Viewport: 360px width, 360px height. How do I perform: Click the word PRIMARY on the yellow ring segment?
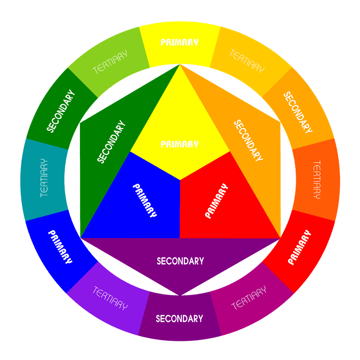point(180,42)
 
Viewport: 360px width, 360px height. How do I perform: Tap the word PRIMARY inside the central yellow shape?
point(180,144)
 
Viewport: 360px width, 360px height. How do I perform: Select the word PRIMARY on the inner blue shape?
point(145,200)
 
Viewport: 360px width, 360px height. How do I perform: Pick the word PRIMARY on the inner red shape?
point(217,200)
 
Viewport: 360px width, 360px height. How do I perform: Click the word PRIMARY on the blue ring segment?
point(60,247)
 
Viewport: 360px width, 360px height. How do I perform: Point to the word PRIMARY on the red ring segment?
point(300,247)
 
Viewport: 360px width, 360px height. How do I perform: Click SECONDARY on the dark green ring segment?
point(61,111)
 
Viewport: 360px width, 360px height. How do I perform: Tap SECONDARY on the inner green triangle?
point(111,141)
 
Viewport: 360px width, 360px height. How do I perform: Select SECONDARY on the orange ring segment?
point(298,112)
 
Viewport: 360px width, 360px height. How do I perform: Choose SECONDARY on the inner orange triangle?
point(248,140)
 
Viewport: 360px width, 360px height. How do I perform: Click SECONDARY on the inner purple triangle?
point(180,261)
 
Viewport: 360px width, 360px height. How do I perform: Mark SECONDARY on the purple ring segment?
point(180,319)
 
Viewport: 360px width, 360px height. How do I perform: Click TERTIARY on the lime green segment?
point(110,62)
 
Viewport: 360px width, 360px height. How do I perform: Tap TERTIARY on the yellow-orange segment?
point(247,60)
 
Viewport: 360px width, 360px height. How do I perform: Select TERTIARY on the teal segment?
point(44,178)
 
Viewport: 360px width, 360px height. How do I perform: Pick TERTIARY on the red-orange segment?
point(317,180)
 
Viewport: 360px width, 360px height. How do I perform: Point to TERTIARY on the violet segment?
point(110,298)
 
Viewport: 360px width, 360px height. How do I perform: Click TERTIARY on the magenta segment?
point(249,298)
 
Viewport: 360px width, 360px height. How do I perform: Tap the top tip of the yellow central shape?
point(180,64)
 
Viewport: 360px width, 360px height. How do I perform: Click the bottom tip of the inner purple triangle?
point(180,296)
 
